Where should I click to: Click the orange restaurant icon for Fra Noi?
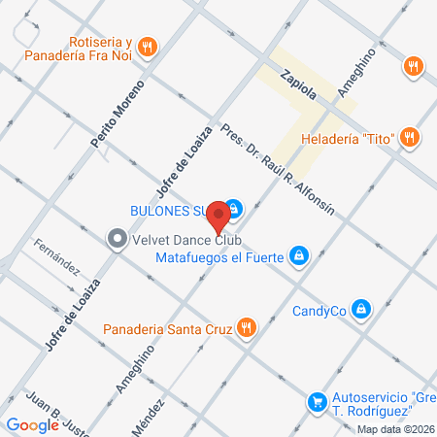(148, 46)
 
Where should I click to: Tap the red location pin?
(220, 214)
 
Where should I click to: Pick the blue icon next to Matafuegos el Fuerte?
(300, 256)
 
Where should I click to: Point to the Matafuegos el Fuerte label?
(219, 257)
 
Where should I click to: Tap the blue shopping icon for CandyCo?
(361, 310)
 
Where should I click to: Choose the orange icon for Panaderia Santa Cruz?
(247, 328)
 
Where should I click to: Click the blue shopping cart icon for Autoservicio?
(317, 401)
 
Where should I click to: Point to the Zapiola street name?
(297, 82)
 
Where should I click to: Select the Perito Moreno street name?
(109, 116)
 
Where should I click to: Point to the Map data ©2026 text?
(395, 428)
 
